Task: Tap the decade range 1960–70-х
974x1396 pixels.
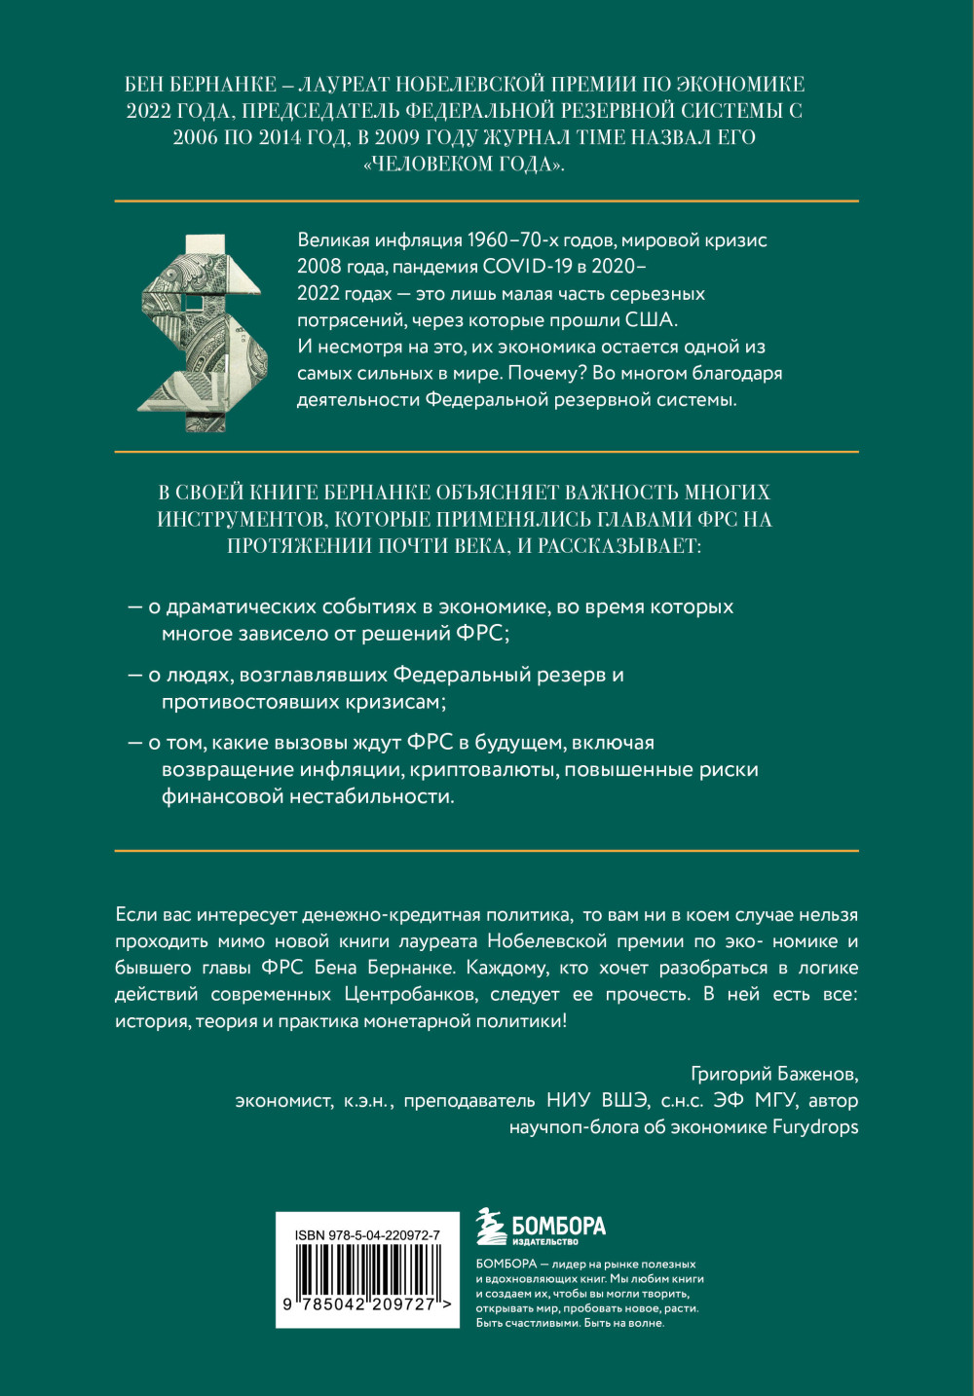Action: (516, 240)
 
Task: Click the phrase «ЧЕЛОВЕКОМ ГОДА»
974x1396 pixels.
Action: (464, 164)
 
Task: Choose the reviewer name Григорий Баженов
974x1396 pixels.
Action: (773, 1074)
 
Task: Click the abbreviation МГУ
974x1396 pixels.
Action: (776, 1100)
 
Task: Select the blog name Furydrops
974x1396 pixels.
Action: (815, 1126)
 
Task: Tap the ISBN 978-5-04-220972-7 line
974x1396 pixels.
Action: (367, 1234)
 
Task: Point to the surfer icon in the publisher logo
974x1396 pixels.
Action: (491, 1227)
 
